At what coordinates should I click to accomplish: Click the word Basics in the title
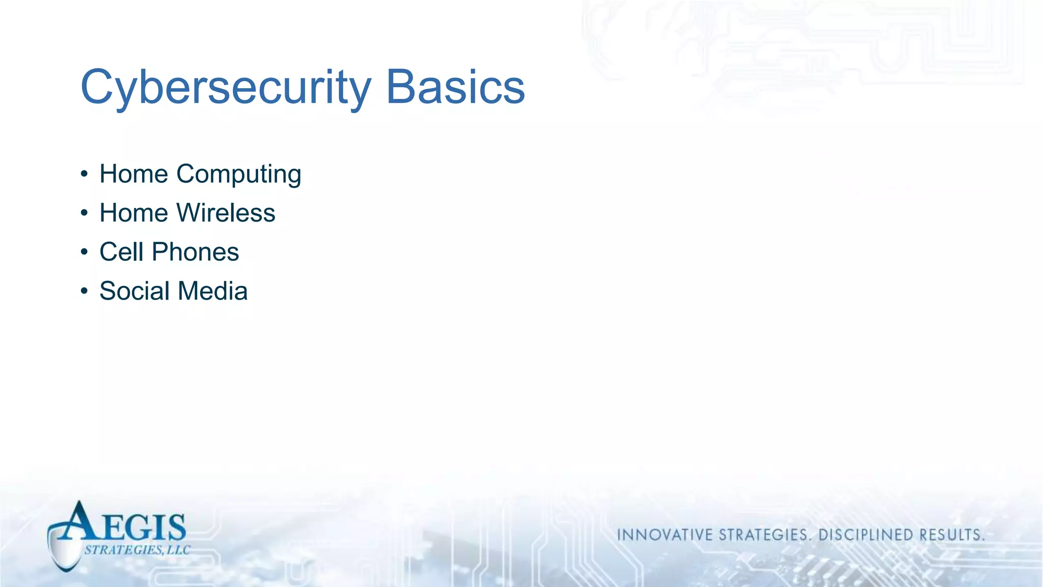coord(455,88)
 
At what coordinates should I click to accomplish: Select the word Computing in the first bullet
coord(239,175)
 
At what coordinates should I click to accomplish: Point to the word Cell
coord(121,252)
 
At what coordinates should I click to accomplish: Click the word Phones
coord(195,252)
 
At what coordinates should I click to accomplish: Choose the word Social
coord(134,291)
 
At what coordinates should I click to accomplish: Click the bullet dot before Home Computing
coord(85,175)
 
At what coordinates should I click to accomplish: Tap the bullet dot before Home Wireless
coord(85,214)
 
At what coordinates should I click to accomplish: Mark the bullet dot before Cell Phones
coord(85,252)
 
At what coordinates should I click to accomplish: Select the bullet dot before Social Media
coord(85,291)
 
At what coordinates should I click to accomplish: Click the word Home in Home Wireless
coord(133,213)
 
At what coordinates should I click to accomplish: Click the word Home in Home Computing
coord(133,174)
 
